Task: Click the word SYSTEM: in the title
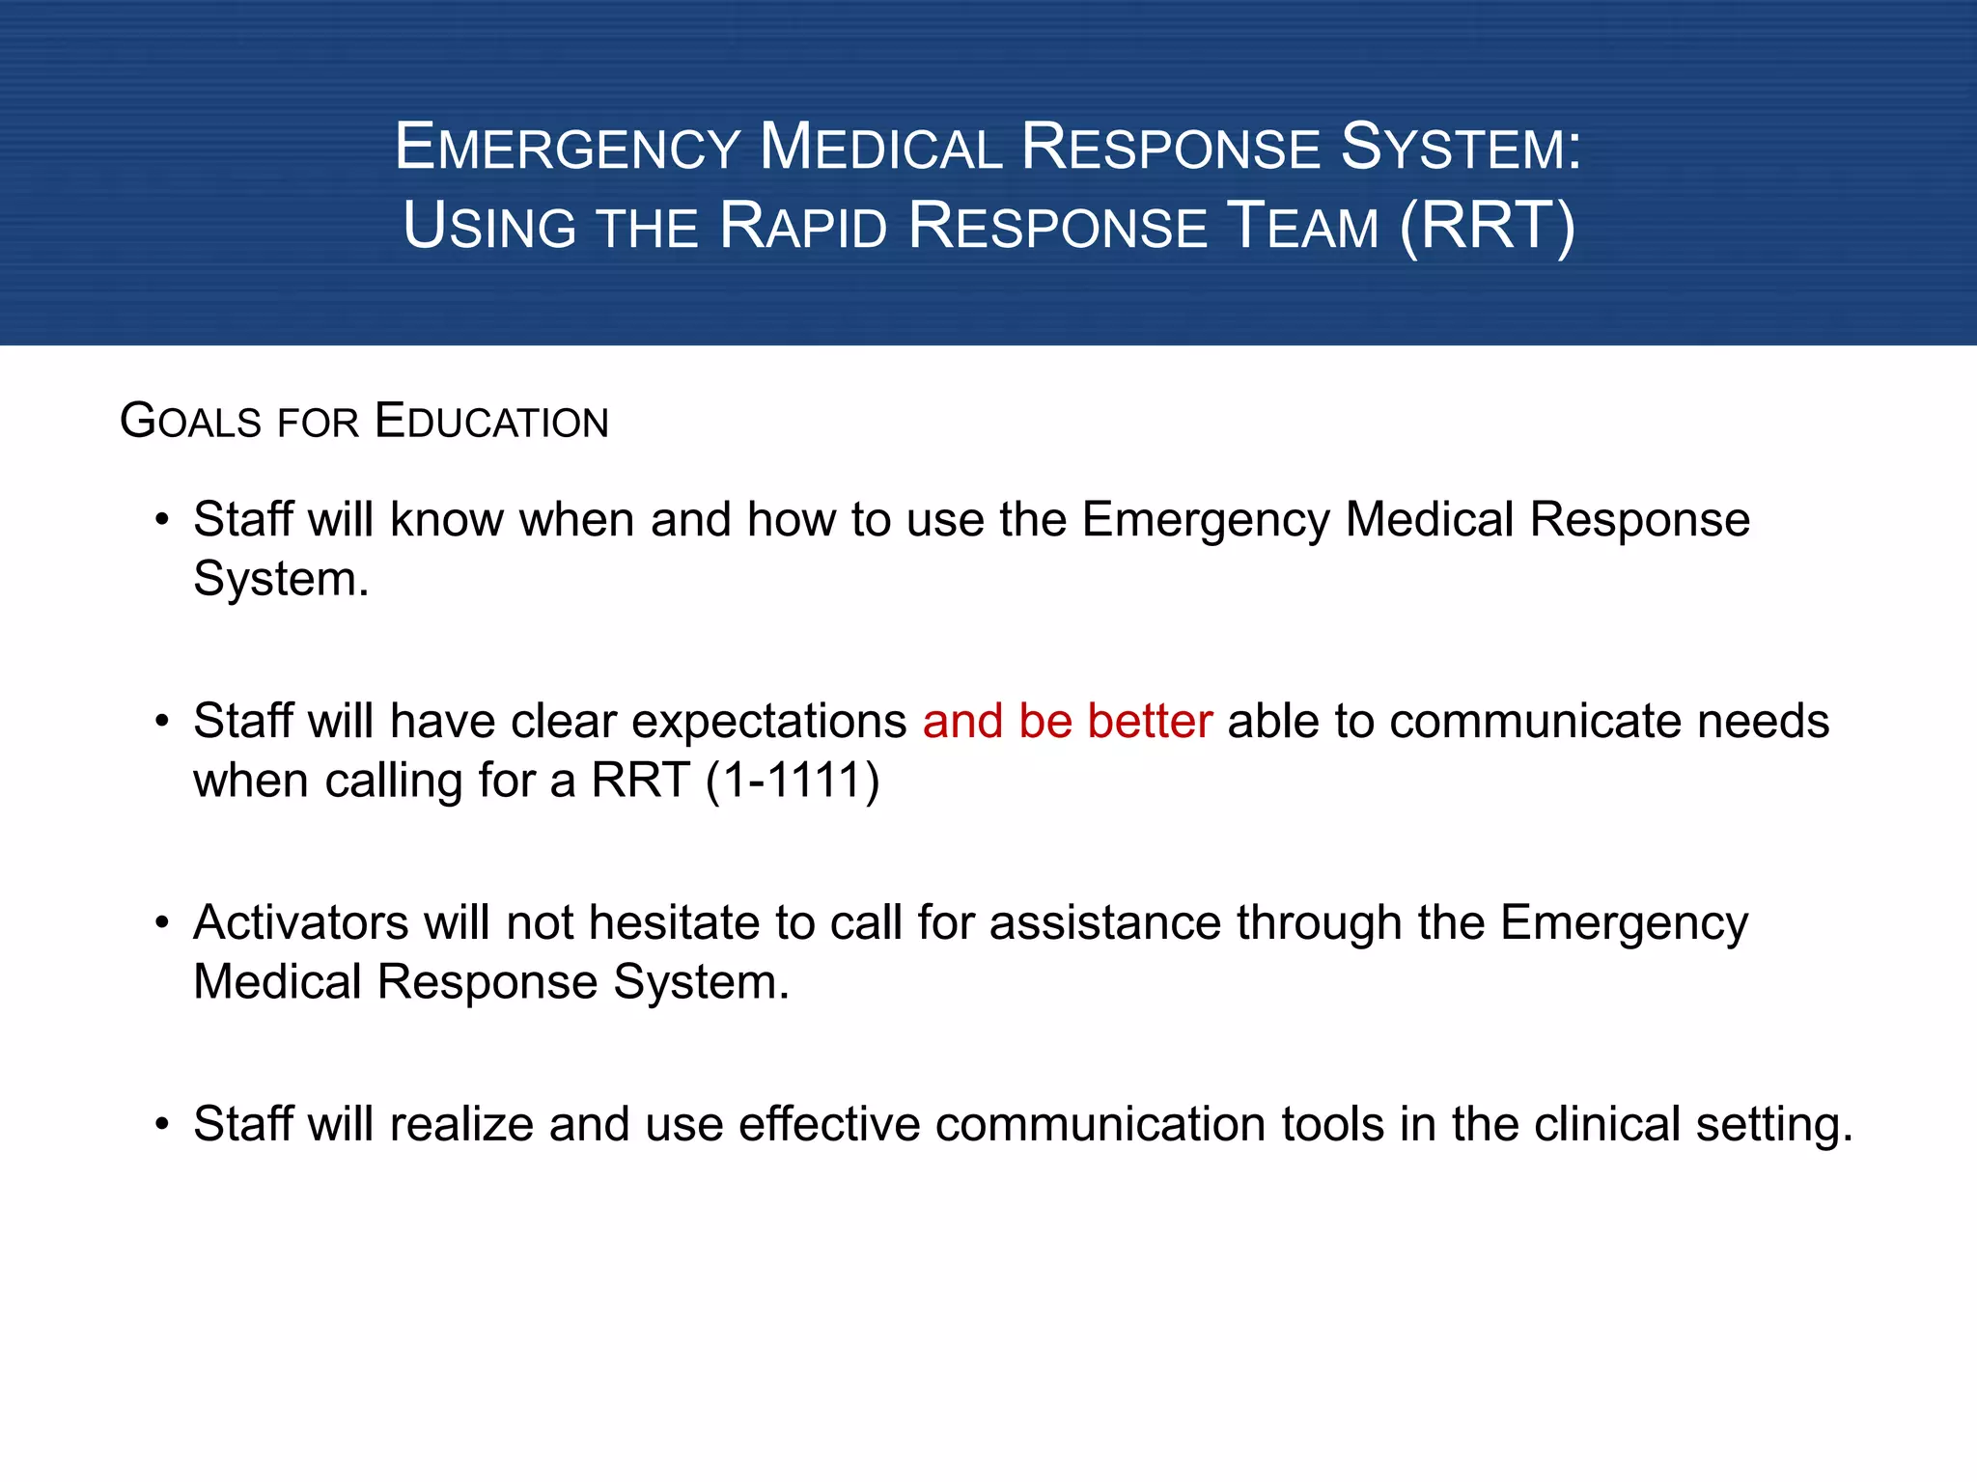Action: click(x=1462, y=148)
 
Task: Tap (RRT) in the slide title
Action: click(x=1488, y=227)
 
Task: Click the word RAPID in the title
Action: click(x=802, y=227)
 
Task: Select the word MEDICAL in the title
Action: click(x=880, y=148)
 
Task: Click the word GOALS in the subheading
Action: click(x=191, y=422)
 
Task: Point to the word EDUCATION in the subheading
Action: click(x=491, y=422)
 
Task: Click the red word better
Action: click(x=1149, y=722)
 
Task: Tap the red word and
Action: click(x=962, y=722)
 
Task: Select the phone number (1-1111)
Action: click(x=793, y=781)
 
